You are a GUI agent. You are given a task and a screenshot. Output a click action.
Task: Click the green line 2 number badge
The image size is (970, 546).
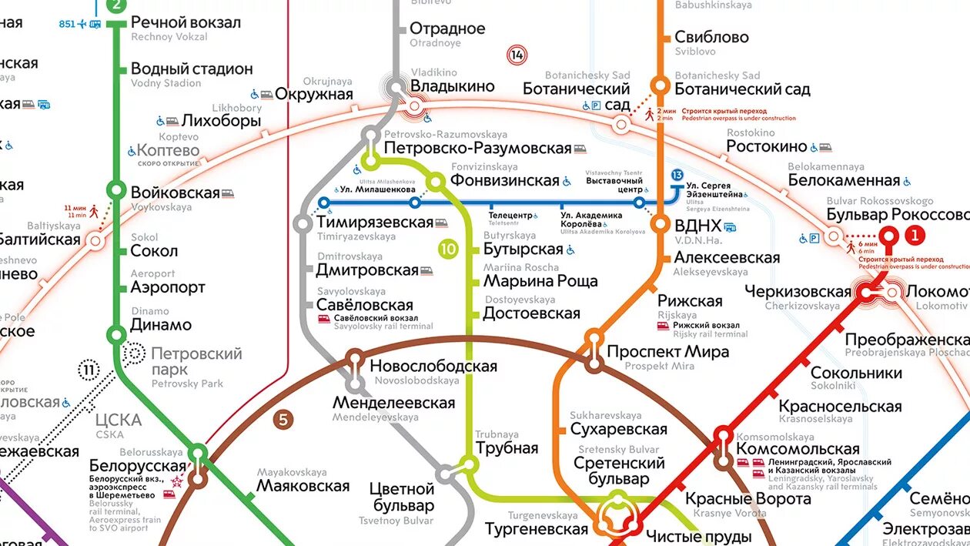(x=115, y=6)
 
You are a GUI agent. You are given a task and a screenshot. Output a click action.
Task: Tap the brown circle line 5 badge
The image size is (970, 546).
(x=284, y=420)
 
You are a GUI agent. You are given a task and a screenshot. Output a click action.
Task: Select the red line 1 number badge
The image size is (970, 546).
(x=914, y=234)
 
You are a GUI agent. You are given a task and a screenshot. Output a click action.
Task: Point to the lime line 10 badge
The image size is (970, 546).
(x=448, y=249)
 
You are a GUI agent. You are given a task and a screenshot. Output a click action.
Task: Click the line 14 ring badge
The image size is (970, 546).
(x=517, y=55)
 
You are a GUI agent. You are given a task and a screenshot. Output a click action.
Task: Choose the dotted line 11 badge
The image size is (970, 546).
(x=89, y=370)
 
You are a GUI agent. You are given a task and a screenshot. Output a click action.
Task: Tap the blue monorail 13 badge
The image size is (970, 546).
(x=677, y=176)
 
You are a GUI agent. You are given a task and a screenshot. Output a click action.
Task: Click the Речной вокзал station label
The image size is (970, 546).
(x=186, y=22)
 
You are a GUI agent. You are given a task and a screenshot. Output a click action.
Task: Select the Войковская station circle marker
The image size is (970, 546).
(x=116, y=189)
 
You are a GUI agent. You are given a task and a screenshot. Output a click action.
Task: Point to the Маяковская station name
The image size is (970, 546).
(x=303, y=486)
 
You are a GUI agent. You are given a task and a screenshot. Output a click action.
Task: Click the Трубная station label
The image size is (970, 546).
(x=507, y=448)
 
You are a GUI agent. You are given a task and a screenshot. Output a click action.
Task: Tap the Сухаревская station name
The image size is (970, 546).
(x=618, y=429)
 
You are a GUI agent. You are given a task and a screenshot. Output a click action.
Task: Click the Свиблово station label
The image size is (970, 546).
(x=711, y=37)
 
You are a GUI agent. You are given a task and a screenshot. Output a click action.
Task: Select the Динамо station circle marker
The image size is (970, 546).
(x=116, y=334)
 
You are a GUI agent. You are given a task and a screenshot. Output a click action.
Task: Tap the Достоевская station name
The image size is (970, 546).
(x=531, y=313)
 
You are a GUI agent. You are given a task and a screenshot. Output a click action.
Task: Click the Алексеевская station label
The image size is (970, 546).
(x=727, y=257)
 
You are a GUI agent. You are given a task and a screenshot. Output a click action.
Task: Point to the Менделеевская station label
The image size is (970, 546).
(x=393, y=403)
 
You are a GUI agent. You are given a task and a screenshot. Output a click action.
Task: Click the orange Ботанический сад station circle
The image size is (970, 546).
(x=660, y=85)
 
